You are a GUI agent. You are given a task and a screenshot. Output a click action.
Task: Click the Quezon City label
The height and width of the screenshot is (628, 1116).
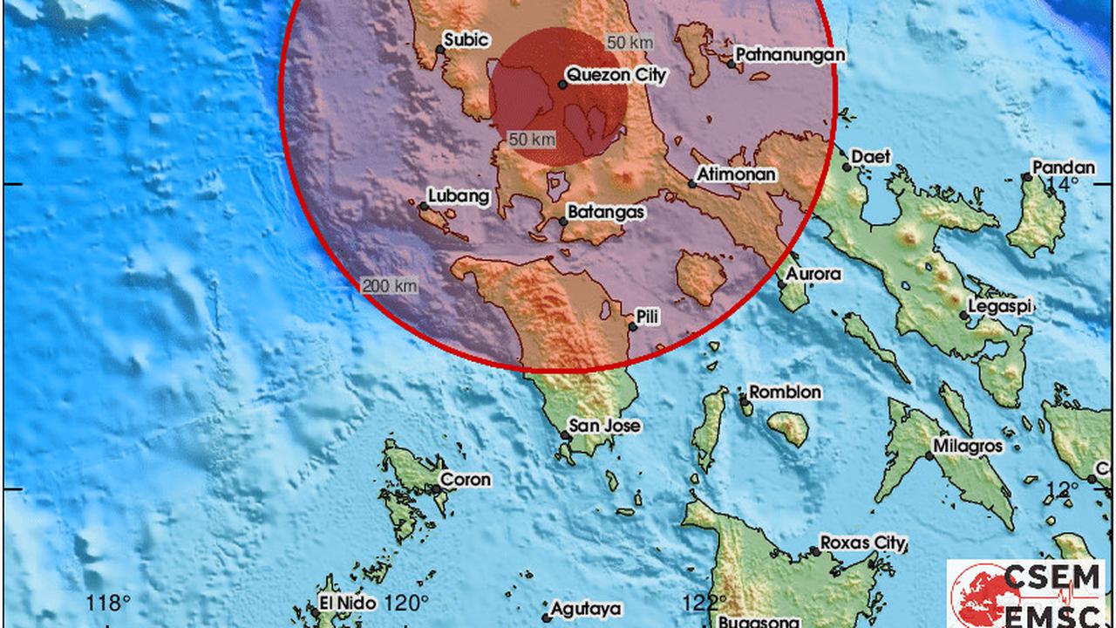616,75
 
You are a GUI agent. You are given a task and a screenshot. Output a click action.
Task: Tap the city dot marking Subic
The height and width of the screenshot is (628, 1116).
440,50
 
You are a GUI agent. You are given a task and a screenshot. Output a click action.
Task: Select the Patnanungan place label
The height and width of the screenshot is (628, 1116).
790,55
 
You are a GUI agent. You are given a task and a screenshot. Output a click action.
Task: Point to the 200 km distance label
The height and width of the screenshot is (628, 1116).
389,285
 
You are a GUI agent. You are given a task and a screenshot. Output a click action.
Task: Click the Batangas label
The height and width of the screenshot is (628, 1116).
606,211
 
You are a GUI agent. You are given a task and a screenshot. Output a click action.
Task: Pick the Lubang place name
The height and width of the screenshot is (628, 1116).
459,196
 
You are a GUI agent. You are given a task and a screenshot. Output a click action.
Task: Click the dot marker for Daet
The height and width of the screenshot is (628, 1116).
847,167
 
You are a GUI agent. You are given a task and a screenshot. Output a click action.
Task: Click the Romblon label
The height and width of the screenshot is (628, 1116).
785,392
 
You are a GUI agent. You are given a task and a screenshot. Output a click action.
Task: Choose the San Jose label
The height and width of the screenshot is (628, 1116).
605,426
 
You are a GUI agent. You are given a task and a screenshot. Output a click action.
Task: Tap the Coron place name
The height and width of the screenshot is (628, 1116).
465,479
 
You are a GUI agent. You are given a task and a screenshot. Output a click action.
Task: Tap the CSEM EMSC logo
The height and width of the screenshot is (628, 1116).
1029,593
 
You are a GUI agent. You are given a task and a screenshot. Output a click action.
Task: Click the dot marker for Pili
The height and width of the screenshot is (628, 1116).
632,327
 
